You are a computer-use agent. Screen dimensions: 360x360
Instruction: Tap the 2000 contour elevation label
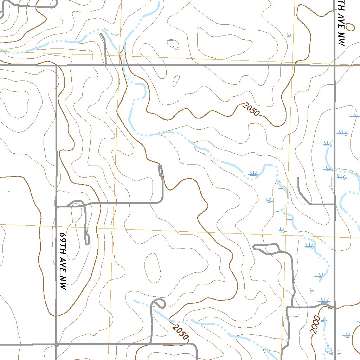[315, 326]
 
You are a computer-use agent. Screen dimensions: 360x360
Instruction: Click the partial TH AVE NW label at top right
[340, 23]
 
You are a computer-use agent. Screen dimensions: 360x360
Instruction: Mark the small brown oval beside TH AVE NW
[349, 26]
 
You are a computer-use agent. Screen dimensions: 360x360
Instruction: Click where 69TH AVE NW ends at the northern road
[56, 65]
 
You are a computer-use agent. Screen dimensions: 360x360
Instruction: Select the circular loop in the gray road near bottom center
[159, 303]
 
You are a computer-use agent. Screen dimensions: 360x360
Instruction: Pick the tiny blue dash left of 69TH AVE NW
[8, 192]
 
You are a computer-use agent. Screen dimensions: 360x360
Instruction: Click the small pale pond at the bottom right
[329, 350]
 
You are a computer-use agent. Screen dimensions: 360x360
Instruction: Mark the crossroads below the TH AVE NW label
[334, 65]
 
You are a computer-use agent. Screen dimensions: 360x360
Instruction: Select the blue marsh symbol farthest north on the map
[289, 35]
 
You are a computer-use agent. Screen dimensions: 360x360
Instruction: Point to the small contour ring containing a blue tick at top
[173, 44]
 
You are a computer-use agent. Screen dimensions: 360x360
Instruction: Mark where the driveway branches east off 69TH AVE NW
[57, 207]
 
